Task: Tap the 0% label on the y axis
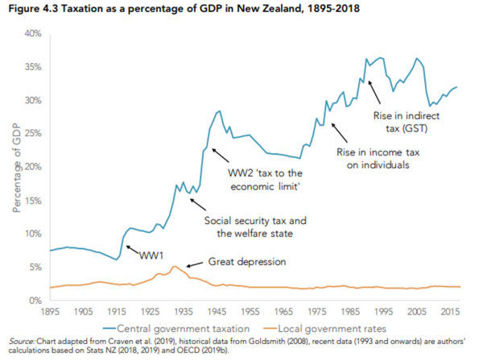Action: (35, 301)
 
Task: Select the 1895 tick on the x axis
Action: (51, 310)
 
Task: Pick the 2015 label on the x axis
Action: (452, 310)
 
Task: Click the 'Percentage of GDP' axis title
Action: (17, 167)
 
